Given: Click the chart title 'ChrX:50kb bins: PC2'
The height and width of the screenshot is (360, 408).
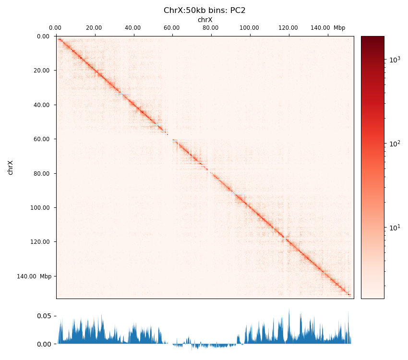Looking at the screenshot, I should click(204, 11).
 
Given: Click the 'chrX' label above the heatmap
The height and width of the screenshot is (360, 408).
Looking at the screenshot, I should click(204, 20).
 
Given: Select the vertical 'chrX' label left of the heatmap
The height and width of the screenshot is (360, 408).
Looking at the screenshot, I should click(11, 168).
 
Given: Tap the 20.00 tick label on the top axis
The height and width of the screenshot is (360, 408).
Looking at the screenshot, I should click(95, 28).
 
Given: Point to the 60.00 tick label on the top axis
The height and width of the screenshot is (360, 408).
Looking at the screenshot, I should click(171, 28).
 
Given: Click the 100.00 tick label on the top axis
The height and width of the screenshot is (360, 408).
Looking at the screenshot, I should click(249, 28).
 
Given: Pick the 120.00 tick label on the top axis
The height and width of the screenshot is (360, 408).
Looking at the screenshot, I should click(288, 28).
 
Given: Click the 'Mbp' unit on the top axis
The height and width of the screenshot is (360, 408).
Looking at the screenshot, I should click(339, 28).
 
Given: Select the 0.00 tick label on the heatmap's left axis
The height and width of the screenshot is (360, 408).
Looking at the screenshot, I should click(43, 36).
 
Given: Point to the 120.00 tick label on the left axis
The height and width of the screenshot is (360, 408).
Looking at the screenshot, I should click(40, 242).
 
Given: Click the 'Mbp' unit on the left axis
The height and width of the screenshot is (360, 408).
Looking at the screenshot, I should click(46, 276).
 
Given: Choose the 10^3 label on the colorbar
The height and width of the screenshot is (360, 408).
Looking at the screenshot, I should click(395, 60).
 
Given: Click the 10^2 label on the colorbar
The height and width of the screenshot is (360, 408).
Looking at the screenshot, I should click(395, 144).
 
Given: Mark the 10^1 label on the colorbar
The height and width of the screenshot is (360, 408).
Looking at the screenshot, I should click(395, 227).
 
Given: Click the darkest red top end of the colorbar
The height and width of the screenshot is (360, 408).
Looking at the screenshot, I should click(372, 38).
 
